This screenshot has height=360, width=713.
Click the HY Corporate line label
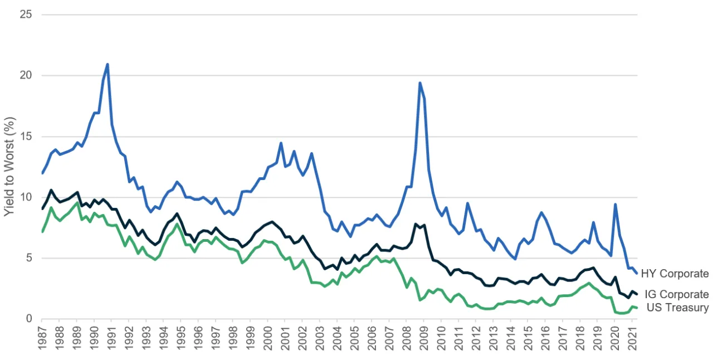[675, 274]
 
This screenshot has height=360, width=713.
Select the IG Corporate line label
[676, 294]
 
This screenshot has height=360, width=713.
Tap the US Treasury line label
[677, 307]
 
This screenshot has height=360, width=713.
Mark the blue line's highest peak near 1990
[107, 64]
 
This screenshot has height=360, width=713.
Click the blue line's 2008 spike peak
[419, 83]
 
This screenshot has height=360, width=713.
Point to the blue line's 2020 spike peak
[615, 204]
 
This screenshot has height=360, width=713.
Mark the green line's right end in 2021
[637, 308]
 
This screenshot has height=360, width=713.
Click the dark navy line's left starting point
[42, 209]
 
